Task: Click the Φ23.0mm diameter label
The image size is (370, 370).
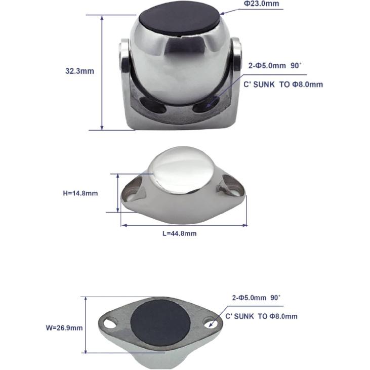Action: click(x=261, y=4)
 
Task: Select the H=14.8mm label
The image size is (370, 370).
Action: click(x=80, y=193)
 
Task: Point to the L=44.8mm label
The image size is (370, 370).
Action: click(x=179, y=233)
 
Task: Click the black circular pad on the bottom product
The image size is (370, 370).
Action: click(x=160, y=322)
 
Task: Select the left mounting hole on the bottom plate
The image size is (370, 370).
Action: click(x=111, y=320)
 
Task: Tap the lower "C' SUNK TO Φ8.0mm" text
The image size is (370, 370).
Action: click(x=261, y=316)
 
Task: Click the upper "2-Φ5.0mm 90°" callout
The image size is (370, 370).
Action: click(x=275, y=66)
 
